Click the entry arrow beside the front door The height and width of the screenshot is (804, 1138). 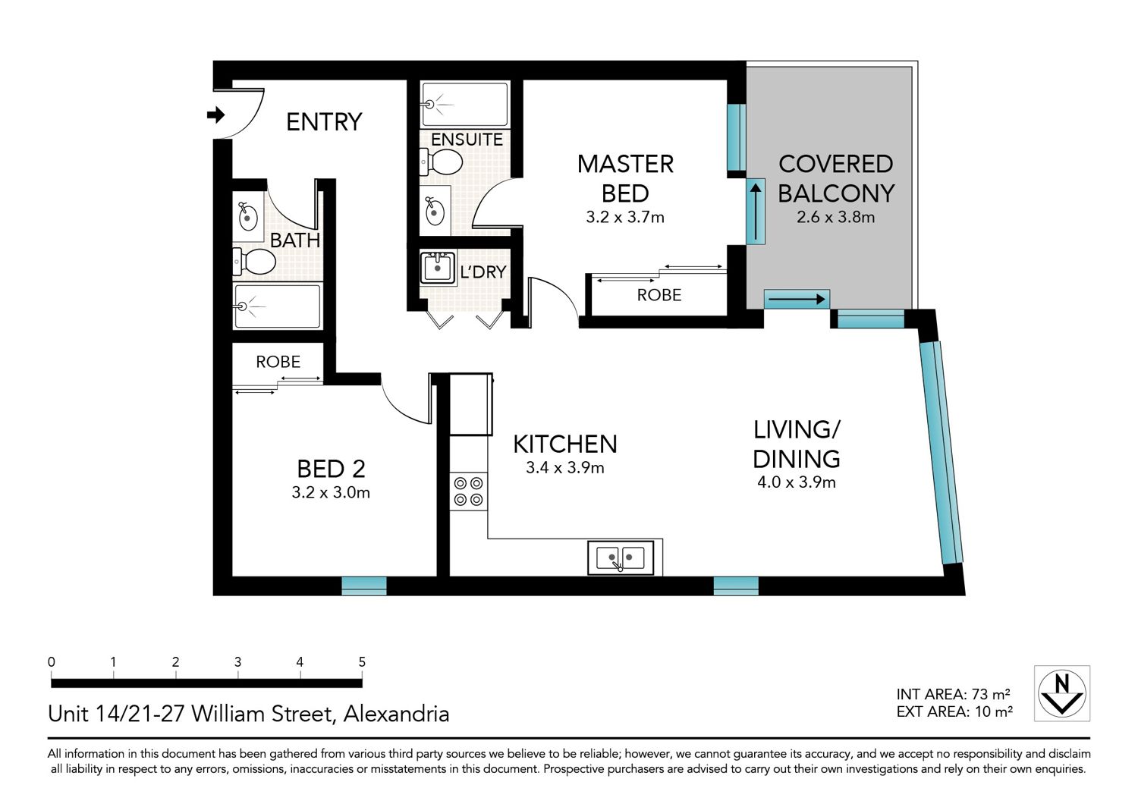click(x=216, y=115)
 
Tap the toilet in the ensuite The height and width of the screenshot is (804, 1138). click(x=442, y=162)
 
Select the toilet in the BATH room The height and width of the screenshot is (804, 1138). click(x=254, y=262)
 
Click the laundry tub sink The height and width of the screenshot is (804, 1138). click(x=438, y=267)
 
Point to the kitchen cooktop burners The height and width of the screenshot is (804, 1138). click(x=468, y=492)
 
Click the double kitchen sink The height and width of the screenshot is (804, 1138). click(x=621, y=557)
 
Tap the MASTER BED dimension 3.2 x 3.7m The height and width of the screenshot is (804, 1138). click(x=625, y=218)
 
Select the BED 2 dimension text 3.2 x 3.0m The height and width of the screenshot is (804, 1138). click(x=331, y=492)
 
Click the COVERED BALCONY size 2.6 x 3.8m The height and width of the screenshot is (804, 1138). click(x=836, y=218)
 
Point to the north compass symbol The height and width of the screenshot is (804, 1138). click(x=1062, y=693)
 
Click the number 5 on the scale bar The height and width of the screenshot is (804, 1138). click(x=362, y=662)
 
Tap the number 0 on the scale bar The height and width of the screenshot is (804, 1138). click(x=52, y=662)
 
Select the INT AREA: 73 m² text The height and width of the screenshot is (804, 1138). click(x=953, y=694)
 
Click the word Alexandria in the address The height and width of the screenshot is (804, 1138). click(x=396, y=714)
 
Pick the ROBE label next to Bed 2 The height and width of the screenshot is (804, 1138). click(x=278, y=362)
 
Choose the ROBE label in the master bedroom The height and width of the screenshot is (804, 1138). click(x=659, y=294)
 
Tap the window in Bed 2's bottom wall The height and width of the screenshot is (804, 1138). click(x=363, y=586)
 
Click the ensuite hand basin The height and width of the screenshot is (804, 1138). click(x=435, y=211)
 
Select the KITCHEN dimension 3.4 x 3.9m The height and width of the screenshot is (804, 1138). click(x=565, y=467)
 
